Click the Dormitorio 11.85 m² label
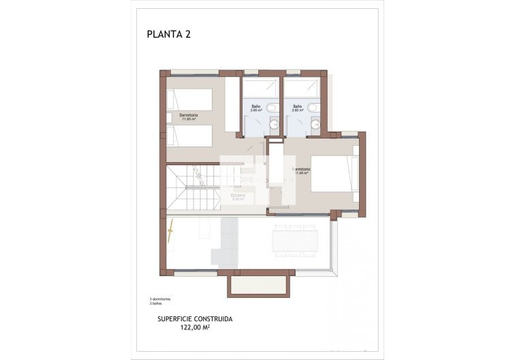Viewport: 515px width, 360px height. coord(189,117)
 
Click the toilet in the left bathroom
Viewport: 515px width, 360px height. coord(271,108)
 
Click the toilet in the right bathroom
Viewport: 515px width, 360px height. coord(313,108)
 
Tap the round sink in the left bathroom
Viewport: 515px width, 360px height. coord(273,123)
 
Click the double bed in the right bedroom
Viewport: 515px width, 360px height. coord(334,175)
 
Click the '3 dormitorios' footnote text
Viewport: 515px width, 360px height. coord(160,299)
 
